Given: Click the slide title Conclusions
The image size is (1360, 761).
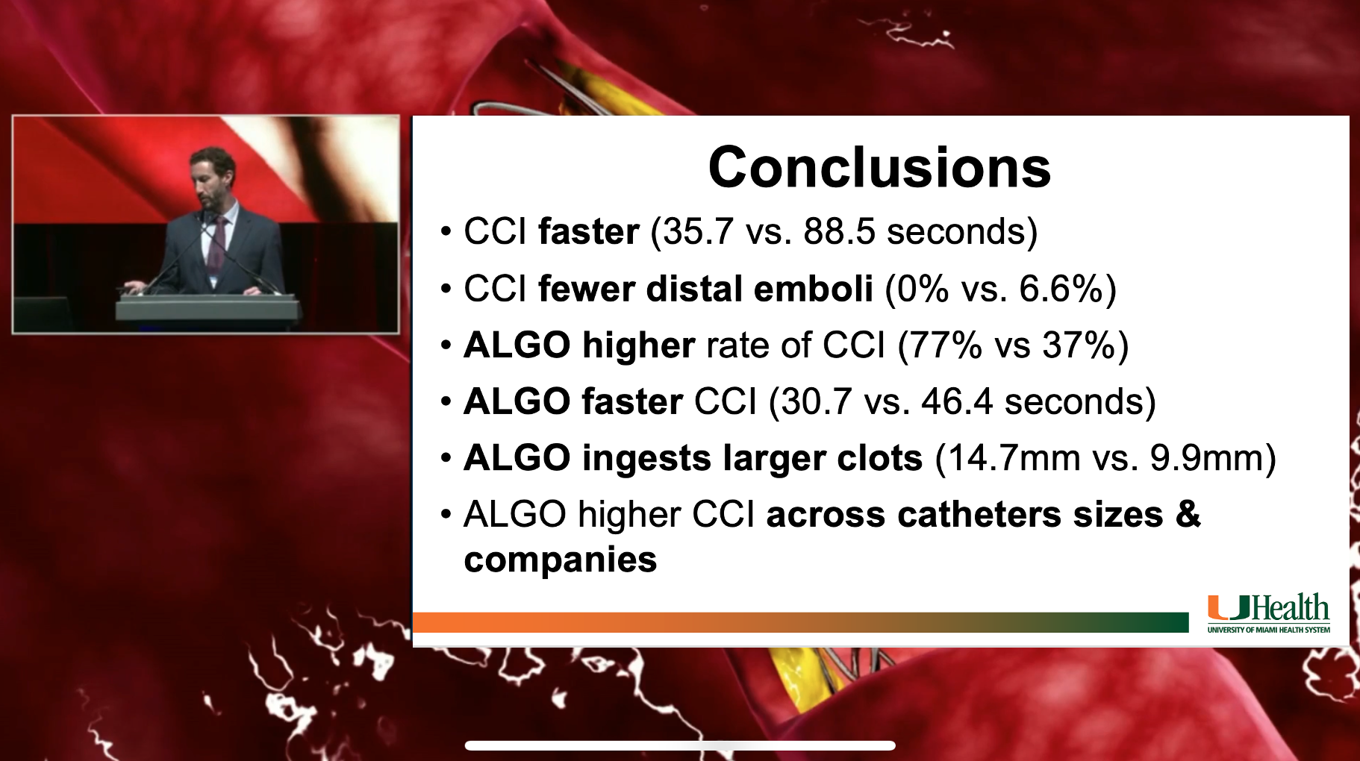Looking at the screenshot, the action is (879, 168).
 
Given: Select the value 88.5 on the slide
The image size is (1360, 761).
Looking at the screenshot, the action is (839, 232).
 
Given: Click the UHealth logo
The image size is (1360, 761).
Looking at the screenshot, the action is (1268, 608).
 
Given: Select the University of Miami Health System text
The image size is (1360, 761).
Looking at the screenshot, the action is (1269, 630).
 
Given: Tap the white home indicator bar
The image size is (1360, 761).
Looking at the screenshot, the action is (680, 745).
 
